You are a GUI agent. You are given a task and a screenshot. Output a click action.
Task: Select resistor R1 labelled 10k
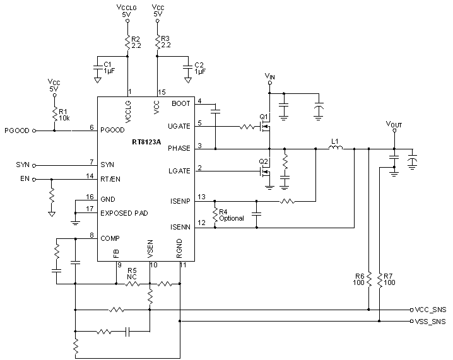click(x=55, y=114)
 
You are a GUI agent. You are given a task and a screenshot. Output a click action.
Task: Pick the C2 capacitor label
click(x=199, y=68)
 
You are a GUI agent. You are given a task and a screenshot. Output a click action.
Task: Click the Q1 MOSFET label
click(x=263, y=117)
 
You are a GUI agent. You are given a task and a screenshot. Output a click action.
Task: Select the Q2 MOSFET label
click(x=263, y=161)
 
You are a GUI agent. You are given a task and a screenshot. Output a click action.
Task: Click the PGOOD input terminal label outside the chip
click(x=17, y=131)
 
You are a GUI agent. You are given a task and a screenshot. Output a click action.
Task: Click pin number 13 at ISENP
click(x=201, y=197)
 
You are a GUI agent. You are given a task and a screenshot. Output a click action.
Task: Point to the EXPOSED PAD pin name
click(x=124, y=213)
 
